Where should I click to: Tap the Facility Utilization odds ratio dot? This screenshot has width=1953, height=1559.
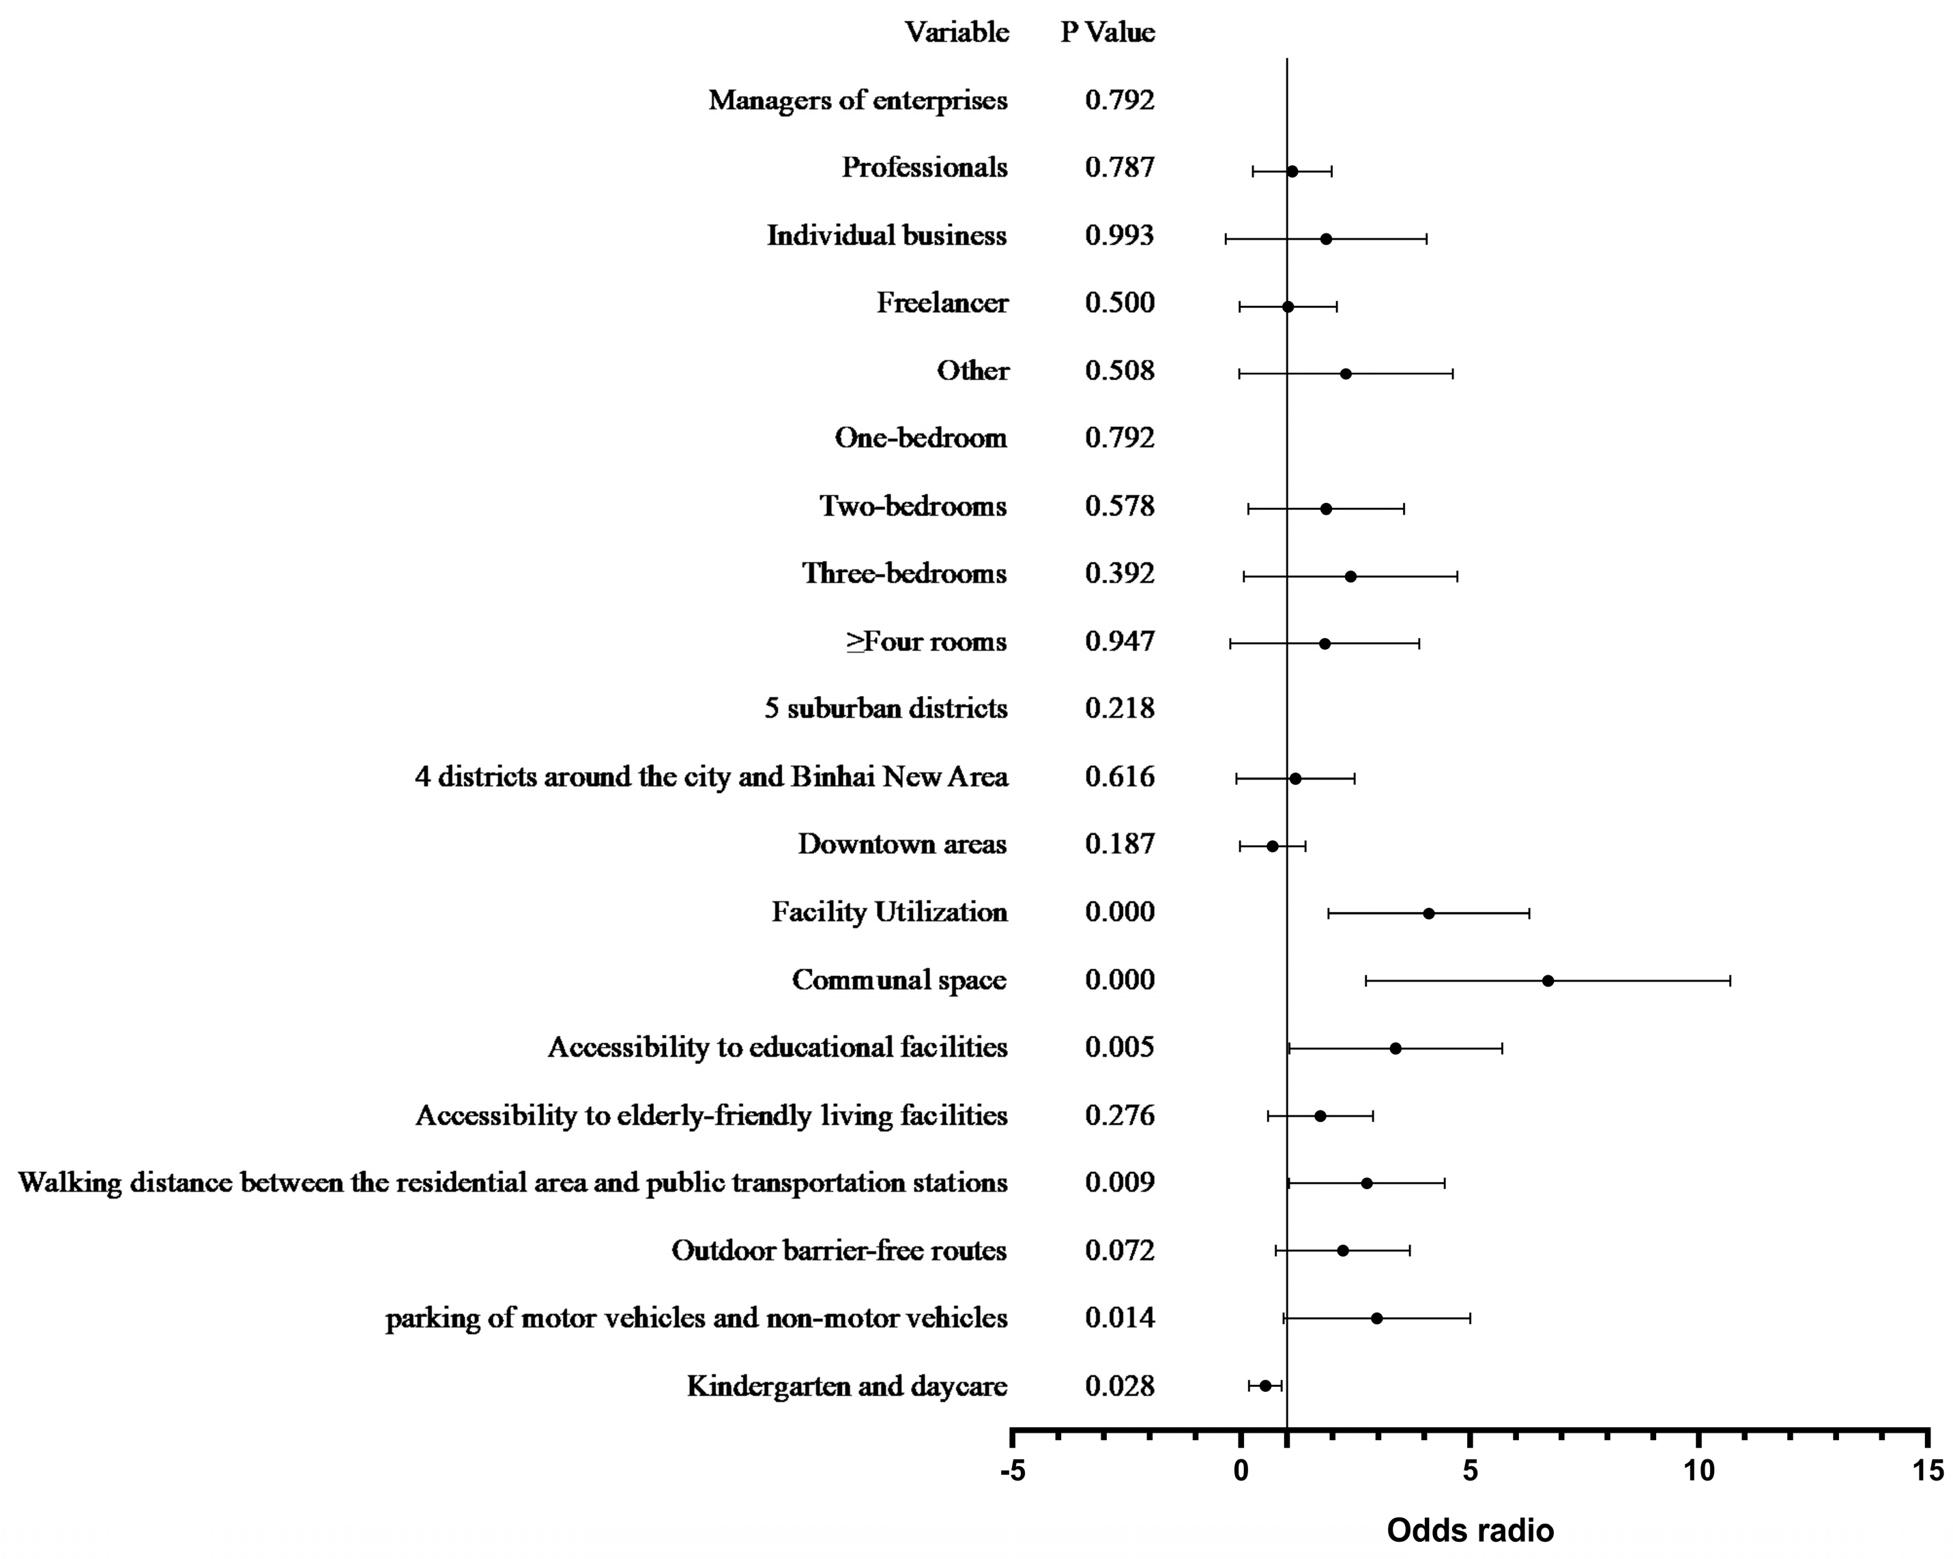[x=1428, y=913]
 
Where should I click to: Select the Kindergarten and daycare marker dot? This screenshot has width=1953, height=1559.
[x=1265, y=1386]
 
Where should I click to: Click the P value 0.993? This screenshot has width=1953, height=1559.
[x=1120, y=235]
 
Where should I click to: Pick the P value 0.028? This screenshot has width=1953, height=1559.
[x=1120, y=1386]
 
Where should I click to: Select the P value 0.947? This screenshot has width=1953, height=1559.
[x=1120, y=642]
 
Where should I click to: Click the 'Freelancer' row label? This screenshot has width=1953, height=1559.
[x=942, y=302]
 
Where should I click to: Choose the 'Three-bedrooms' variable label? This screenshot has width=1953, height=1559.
[x=904, y=573]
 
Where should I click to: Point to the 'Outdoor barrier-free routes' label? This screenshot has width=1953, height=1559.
[x=839, y=1250]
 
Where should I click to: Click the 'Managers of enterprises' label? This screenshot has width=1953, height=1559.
[x=857, y=100]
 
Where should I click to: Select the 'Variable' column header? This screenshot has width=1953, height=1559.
[x=957, y=33]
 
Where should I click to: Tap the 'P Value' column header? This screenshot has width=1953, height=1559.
[x=1108, y=33]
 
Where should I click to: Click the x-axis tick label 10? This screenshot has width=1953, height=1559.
[x=1698, y=1471]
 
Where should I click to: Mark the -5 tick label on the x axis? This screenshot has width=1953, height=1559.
[x=1012, y=1471]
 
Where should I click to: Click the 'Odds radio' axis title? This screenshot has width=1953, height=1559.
[x=1470, y=1530]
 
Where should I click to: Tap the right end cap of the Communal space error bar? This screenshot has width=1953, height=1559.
[x=1729, y=980]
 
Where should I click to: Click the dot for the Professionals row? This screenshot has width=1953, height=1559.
[x=1292, y=171]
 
